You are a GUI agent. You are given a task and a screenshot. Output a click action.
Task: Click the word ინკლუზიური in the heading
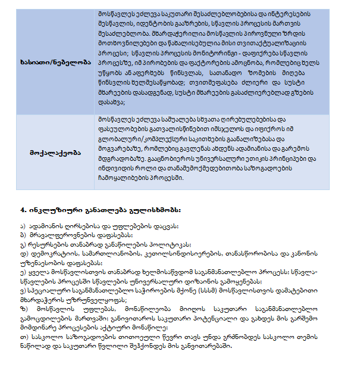pyautogui.click(x=49, y=211)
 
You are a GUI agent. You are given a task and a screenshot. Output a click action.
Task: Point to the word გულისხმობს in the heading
pyautogui.click(x=155, y=211)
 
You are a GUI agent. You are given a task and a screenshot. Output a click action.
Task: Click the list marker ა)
pyautogui.click(x=23, y=226)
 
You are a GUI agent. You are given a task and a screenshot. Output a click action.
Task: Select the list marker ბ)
pyautogui.click(x=23, y=235)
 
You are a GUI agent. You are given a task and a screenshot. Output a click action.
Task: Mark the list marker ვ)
pyautogui.click(x=23, y=292)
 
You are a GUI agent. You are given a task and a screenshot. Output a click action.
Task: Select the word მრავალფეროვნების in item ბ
pyautogui.click(x=60, y=235)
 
